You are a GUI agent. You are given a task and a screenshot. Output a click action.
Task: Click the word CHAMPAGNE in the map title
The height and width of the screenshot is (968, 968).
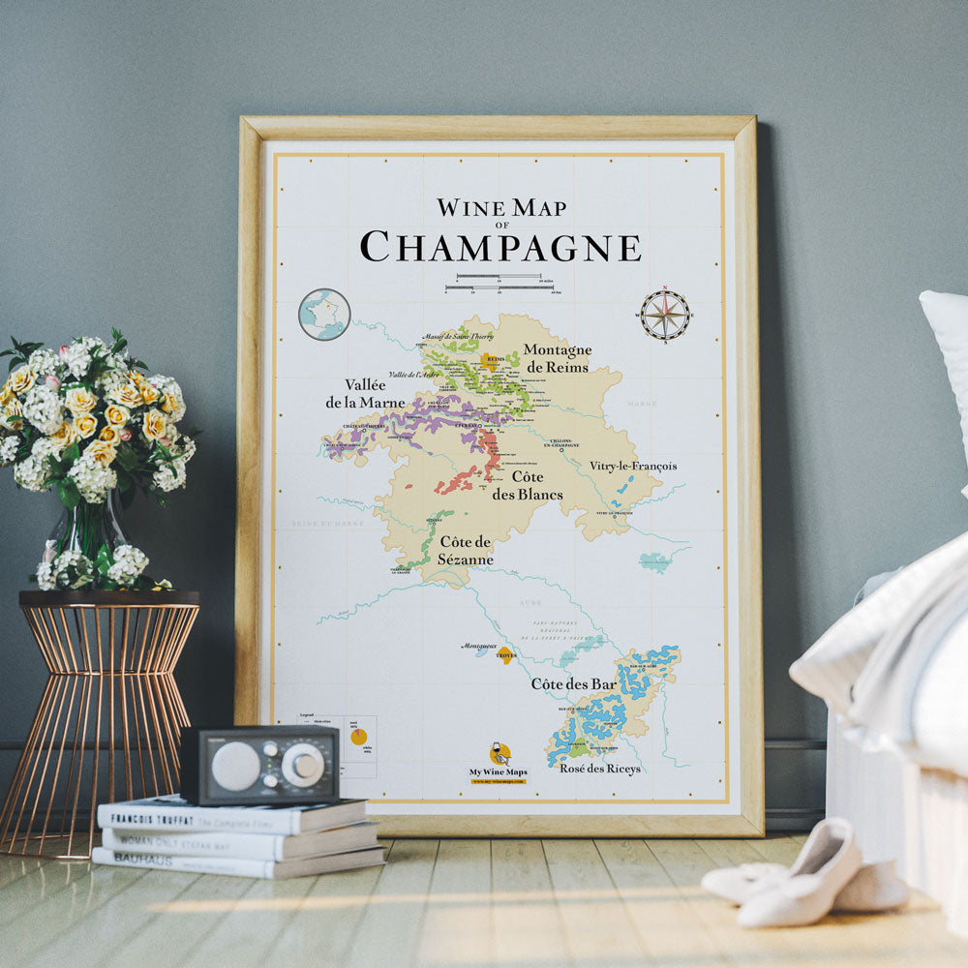coord(500,246)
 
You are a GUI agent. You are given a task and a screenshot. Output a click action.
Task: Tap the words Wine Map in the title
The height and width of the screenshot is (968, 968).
coord(500,207)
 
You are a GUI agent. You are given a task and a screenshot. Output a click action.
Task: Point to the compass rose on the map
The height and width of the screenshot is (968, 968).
coord(665,315)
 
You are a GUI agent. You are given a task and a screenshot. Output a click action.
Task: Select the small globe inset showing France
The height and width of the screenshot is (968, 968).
coord(324,314)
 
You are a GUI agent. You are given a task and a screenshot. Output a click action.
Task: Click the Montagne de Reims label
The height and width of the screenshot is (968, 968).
coord(557,357)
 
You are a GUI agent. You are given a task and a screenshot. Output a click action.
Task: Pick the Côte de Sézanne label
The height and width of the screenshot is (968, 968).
coord(466,550)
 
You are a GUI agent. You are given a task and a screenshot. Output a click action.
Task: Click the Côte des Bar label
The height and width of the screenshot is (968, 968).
coord(573,684)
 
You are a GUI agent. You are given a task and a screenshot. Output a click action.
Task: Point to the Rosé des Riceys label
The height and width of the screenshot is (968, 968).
coord(600,769)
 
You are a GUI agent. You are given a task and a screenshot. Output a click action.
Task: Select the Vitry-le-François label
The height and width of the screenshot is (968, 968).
coord(633,466)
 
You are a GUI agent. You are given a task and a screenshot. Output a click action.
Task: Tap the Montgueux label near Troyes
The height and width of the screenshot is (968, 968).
coord(478,646)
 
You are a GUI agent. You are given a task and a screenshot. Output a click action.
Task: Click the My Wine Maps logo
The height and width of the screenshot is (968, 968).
coord(499,760)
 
